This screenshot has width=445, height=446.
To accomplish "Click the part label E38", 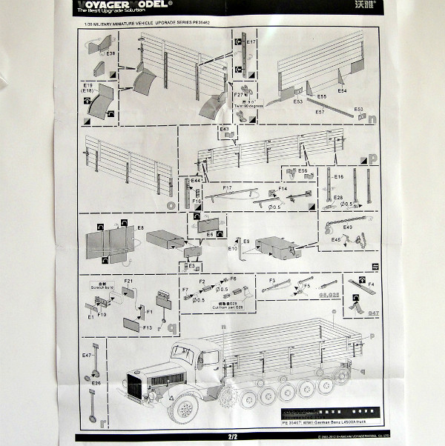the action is point(111,54).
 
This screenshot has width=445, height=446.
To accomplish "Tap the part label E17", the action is point(251,42).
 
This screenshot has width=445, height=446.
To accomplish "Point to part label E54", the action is point(342,90).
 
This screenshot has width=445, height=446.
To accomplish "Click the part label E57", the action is point(320,112).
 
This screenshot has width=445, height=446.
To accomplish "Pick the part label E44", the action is point(196,181).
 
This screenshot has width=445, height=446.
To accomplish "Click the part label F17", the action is point(228,188).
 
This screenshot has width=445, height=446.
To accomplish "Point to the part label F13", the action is point(147,327).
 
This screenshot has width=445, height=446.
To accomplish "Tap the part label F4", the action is point(371,284).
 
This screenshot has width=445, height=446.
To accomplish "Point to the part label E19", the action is point(88,85).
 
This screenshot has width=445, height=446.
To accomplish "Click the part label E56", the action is point(302,171).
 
